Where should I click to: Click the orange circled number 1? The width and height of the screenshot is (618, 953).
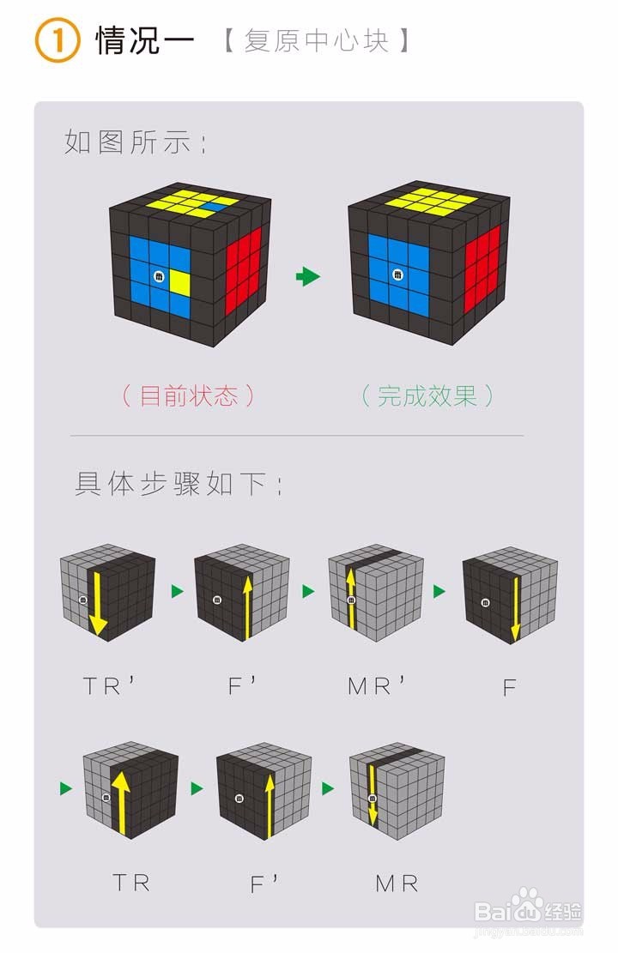[x=57, y=41]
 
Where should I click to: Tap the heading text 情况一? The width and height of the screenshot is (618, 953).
[x=145, y=41]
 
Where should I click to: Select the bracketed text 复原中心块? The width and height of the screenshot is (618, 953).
[x=316, y=41]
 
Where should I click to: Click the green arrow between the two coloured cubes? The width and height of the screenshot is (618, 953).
[x=307, y=276]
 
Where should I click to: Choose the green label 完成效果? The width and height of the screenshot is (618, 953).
[x=427, y=395]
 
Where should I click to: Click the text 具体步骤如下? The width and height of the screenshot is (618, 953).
[x=179, y=485]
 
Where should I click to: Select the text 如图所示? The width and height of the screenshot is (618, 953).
[x=135, y=142]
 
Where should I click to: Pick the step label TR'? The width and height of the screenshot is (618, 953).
[x=110, y=686]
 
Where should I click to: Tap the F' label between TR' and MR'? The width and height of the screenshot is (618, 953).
[x=243, y=686]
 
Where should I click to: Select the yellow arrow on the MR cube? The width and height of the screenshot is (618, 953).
[x=373, y=794]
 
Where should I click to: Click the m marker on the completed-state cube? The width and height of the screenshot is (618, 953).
[x=397, y=274]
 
